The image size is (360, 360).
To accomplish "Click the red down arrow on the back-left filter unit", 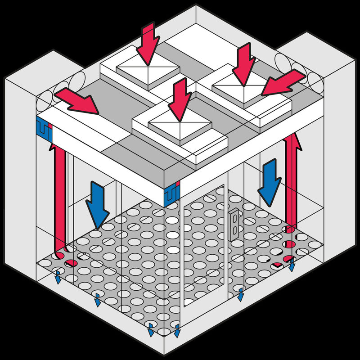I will (x=148, y=43).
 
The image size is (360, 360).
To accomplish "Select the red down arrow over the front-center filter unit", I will (x=179, y=99).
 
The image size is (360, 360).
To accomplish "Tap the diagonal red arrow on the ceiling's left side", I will (x=76, y=100).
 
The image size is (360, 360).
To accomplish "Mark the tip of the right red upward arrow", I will (x=290, y=135).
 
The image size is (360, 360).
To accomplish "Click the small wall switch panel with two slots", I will (x=235, y=223).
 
